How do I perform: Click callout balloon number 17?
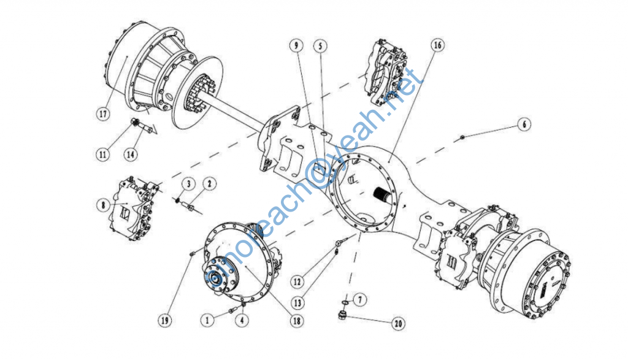point(103,113)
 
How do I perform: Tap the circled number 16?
point(437,45)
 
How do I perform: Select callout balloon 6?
point(524,124)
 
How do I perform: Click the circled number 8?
point(103,205)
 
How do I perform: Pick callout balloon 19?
point(165,320)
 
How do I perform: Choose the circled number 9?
point(296,45)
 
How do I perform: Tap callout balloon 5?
point(320,46)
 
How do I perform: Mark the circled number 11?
point(102,154)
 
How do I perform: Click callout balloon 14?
point(131,154)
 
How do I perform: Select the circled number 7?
point(359,299)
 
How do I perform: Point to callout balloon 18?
point(296,321)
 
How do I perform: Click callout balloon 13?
point(297,303)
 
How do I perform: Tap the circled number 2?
point(209,184)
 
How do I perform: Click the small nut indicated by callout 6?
point(462,137)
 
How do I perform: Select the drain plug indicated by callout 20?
point(342,315)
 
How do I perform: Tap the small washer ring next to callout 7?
point(345,302)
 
